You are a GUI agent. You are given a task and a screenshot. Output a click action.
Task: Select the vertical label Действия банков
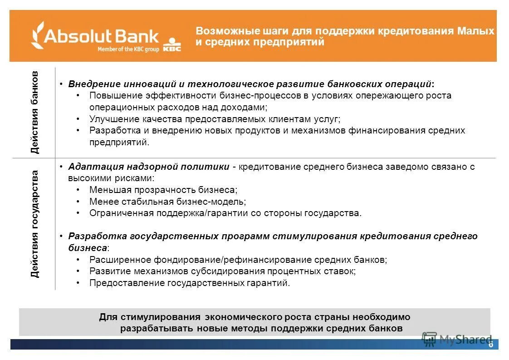click(x=35, y=113)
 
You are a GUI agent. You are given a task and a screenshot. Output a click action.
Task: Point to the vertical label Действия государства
click(x=35, y=223)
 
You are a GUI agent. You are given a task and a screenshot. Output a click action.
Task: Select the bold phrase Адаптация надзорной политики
click(x=149, y=167)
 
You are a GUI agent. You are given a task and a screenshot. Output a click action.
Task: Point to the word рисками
click(x=137, y=178)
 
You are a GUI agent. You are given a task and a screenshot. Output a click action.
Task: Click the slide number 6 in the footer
click(x=491, y=345)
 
